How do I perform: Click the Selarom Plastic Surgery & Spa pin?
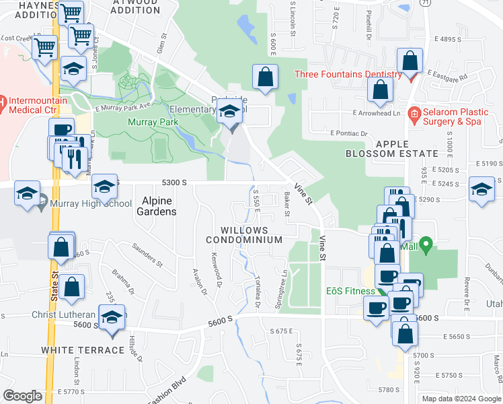point(414,112)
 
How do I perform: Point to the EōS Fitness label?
point(350,291)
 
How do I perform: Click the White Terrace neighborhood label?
point(83,350)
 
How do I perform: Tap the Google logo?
point(22,396)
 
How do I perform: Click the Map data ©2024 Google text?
point(461,398)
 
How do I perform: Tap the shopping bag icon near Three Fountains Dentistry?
point(410,61)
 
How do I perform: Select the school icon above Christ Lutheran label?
point(112,316)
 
